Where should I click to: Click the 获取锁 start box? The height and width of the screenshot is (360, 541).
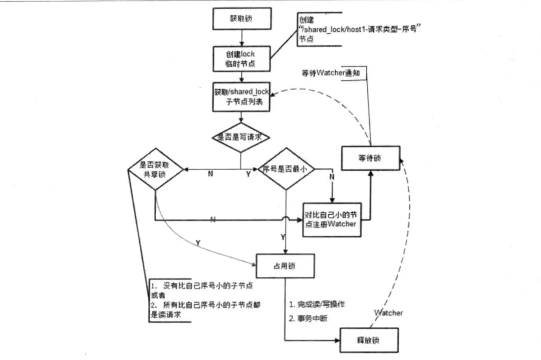tap(241, 19)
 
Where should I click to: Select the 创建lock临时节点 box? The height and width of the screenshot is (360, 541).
tap(241, 59)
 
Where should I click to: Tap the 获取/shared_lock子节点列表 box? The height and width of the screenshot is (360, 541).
tap(241, 97)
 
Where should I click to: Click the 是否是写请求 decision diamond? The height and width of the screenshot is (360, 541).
tap(241, 137)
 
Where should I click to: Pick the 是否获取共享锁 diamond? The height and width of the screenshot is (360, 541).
tap(155, 169)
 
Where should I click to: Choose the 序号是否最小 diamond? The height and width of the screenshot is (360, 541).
tap(286, 169)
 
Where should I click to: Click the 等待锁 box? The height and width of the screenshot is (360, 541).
tap(370, 158)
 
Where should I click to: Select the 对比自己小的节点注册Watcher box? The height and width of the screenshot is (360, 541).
tap(331, 219)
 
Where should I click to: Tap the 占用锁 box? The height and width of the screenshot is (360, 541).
tap(285, 266)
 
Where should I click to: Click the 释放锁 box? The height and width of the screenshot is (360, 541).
tap(369, 340)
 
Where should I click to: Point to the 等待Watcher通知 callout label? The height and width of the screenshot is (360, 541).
tap(331, 73)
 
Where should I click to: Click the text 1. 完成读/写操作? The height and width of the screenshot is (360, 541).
tap(317, 304)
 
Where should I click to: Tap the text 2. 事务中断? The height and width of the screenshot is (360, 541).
tap(308, 318)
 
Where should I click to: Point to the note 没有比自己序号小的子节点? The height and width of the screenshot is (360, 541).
tap(202, 286)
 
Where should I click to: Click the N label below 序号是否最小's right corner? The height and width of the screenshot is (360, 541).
tap(332, 177)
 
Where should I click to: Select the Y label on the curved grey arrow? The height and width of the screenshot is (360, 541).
tap(198, 243)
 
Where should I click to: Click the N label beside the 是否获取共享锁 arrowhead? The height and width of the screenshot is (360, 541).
tap(210, 174)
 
